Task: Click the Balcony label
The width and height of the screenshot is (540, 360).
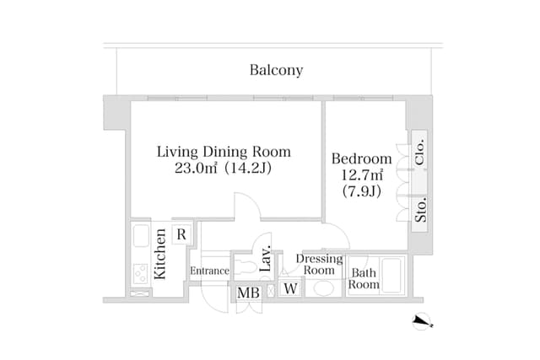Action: click(x=276, y=70)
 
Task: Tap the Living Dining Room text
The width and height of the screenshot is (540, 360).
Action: click(x=224, y=152)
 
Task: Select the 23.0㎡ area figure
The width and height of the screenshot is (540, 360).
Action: click(x=196, y=169)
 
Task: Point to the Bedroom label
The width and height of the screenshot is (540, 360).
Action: click(x=362, y=159)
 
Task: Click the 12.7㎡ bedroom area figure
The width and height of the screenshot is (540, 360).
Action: click(x=362, y=175)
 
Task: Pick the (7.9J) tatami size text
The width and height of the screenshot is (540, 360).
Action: click(x=362, y=191)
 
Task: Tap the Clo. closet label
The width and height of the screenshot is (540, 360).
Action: click(x=419, y=153)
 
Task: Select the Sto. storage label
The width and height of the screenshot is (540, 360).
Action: click(x=420, y=210)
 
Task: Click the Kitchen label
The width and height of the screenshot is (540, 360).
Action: click(x=160, y=254)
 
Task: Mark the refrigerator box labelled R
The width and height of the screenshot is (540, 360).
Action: click(x=181, y=234)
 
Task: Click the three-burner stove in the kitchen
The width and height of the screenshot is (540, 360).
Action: click(x=141, y=273)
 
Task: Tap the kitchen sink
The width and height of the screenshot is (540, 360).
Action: click(x=141, y=236)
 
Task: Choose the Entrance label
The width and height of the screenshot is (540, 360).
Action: click(x=209, y=271)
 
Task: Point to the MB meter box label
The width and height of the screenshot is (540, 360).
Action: click(x=248, y=293)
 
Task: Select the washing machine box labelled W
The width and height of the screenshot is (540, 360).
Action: click(x=290, y=288)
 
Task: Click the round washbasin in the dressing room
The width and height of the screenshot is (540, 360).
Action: click(x=323, y=288)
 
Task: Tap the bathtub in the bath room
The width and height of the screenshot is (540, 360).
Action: click(x=391, y=275)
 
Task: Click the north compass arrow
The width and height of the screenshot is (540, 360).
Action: click(x=422, y=321)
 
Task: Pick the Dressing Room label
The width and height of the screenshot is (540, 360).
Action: click(x=319, y=265)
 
